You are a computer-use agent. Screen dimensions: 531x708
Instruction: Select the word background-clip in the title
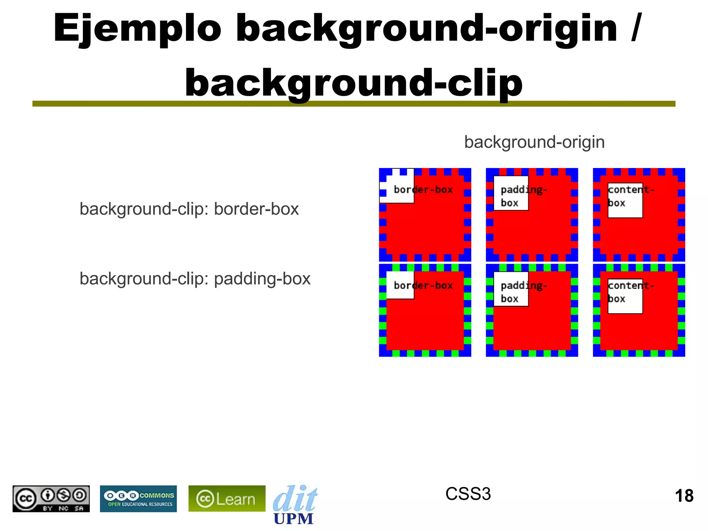pos(354,83)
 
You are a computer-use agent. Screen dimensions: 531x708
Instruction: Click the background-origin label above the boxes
pos(534,142)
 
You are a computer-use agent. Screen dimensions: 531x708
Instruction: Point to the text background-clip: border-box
pos(189,209)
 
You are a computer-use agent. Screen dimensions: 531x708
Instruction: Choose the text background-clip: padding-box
pos(195,279)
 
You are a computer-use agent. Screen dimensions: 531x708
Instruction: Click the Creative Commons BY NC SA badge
pos(51,499)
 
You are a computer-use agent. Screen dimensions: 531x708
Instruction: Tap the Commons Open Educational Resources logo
pos(138,499)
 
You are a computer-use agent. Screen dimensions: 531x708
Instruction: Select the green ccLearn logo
pos(227,499)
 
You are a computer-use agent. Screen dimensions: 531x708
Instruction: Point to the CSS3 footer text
pos(468,494)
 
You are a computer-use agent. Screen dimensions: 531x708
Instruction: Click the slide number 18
pos(684,496)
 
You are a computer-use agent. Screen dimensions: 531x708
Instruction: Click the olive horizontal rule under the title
pos(354,104)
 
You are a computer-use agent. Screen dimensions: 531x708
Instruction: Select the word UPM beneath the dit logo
pos(293,519)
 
